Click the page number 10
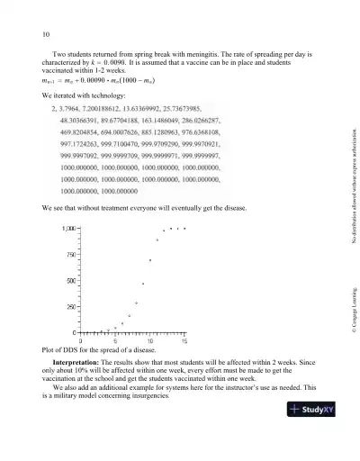point(45,35)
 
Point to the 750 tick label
point(71,255)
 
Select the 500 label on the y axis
point(71,281)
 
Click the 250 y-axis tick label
point(71,307)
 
